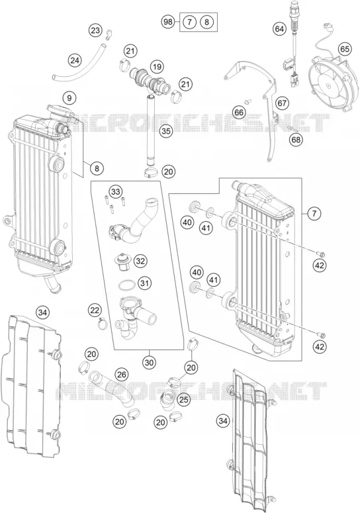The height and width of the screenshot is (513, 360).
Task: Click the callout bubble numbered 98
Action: pyautogui.click(x=167, y=23)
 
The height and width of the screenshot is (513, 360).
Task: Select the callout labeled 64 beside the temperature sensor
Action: pyautogui.click(x=279, y=29)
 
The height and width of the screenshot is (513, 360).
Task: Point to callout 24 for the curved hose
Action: pyautogui.click(x=75, y=60)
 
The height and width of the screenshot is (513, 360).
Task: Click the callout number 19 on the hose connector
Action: pyautogui.click(x=157, y=67)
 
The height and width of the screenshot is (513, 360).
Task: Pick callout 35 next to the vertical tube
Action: pyautogui.click(x=166, y=132)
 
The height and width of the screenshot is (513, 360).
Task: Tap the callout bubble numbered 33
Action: pyautogui.click(x=114, y=191)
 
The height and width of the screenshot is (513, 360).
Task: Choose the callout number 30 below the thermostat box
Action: pyautogui.click(x=150, y=363)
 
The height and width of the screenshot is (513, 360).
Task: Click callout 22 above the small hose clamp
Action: pyautogui.click(x=95, y=310)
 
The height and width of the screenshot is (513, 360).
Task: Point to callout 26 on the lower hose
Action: pyautogui.click(x=122, y=375)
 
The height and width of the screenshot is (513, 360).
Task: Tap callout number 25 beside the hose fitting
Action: pyautogui.click(x=184, y=399)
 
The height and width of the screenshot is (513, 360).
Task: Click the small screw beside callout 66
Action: pyautogui.click(x=248, y=101)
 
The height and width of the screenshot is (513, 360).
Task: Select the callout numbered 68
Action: pyautogui.click(x=296, y=140)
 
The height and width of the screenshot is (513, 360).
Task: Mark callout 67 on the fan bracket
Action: pyautogui.click(x=281, y=103)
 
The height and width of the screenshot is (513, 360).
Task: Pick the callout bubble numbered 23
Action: pyautogui.click(x=95, y=30)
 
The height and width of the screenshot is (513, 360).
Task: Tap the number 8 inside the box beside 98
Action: pyautogui.click(x=206, y=23)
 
